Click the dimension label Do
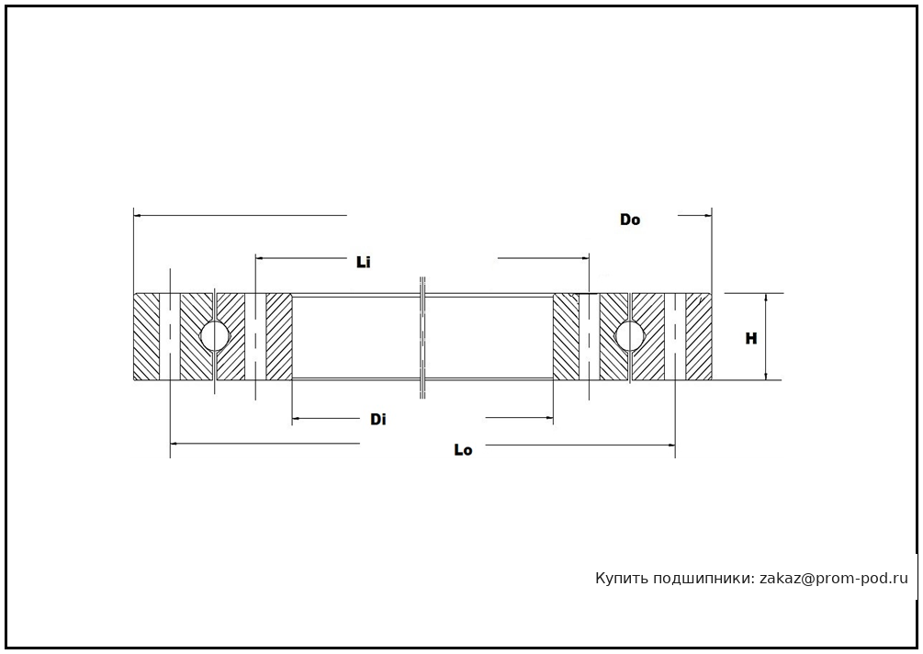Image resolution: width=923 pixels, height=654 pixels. point(630,220)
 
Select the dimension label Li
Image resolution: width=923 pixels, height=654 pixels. point(364,263)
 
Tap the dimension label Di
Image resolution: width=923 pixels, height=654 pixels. point(377,420)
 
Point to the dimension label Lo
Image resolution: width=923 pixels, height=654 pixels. point(463,450)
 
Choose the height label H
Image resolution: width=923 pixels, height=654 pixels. point(751,338)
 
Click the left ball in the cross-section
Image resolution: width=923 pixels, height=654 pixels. point(215,335)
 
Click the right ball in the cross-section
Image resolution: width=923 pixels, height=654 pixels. point(630,335)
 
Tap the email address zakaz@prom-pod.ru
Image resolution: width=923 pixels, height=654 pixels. point(834,579)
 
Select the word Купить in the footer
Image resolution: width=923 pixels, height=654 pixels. point(621,579)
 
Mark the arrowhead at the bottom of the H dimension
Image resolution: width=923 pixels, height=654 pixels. point(765,376)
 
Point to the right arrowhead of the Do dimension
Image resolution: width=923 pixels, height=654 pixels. point(708,215)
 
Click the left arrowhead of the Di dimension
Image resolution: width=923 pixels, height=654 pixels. point(296,420)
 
